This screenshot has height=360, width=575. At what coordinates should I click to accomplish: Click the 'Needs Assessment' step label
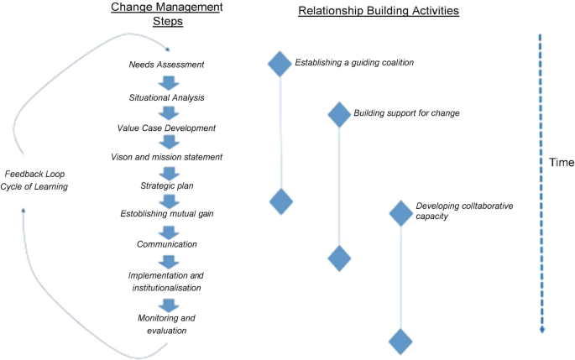(166, 65)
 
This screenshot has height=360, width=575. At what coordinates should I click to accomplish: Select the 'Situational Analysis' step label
(167, 97)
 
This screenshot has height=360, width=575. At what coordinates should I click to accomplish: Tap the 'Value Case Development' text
(166, 128)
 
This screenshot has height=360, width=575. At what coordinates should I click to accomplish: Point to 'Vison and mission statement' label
(166, 157)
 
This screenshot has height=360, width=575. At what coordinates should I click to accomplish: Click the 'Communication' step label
(167, 244)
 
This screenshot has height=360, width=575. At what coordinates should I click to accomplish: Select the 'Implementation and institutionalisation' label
(167, 281)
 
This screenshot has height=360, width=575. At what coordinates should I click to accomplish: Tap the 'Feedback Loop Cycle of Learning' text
(35, 180)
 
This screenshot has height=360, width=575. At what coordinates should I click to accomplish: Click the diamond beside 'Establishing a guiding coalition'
(280, 64)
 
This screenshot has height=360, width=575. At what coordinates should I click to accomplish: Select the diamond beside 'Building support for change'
(338, 114)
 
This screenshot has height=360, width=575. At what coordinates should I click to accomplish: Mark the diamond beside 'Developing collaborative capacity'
(401, 213)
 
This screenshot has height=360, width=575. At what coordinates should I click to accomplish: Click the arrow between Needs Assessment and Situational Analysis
(169, 81)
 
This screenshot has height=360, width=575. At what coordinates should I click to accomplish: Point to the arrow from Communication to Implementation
(169, 259)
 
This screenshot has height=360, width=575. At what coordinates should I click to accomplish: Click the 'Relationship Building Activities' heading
(377, 11)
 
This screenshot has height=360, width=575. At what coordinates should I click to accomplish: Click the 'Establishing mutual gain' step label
(167, 214)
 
